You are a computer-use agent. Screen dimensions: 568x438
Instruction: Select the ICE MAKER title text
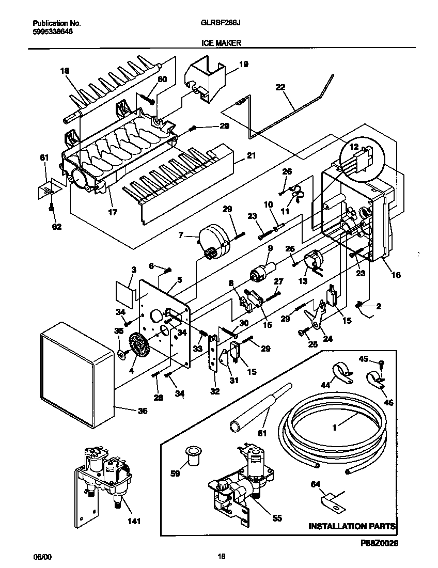click(221, 44)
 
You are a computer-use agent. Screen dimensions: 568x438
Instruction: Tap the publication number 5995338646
click(53, 31)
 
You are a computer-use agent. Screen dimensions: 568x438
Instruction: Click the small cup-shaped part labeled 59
click(193, 456)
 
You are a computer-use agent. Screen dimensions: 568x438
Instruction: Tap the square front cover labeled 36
click(75, 374)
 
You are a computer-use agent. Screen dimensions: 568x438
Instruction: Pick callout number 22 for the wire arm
click(281, 88)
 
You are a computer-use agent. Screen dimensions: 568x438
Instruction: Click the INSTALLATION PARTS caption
click(352, 527)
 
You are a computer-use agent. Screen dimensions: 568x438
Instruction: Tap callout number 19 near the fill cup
click(243, 65)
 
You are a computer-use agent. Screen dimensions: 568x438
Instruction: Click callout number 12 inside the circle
click(354, 147)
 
